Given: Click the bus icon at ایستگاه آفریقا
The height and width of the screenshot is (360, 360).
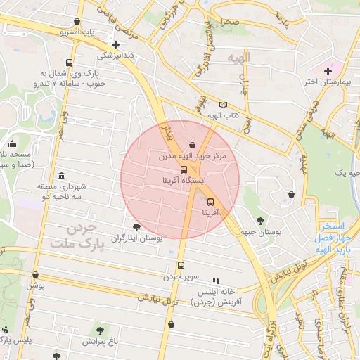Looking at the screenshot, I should coord(184,169).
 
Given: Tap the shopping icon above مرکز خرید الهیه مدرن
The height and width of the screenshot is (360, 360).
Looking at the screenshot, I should coord(193,144).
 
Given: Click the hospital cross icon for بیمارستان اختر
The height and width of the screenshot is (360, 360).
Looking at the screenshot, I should coord(327,70).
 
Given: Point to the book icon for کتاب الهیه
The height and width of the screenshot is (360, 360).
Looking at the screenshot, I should coord(224,104).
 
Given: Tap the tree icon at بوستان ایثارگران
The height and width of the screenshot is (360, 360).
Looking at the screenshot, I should coord(136,228).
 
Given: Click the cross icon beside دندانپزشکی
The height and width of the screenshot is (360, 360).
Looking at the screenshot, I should coord(115,44).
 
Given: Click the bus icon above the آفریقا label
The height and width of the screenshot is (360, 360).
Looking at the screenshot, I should coord(210,200).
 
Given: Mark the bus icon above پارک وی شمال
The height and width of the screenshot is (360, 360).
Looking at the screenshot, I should coord(68,63).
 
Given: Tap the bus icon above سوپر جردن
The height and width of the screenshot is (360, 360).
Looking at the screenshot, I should coord(181,266).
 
